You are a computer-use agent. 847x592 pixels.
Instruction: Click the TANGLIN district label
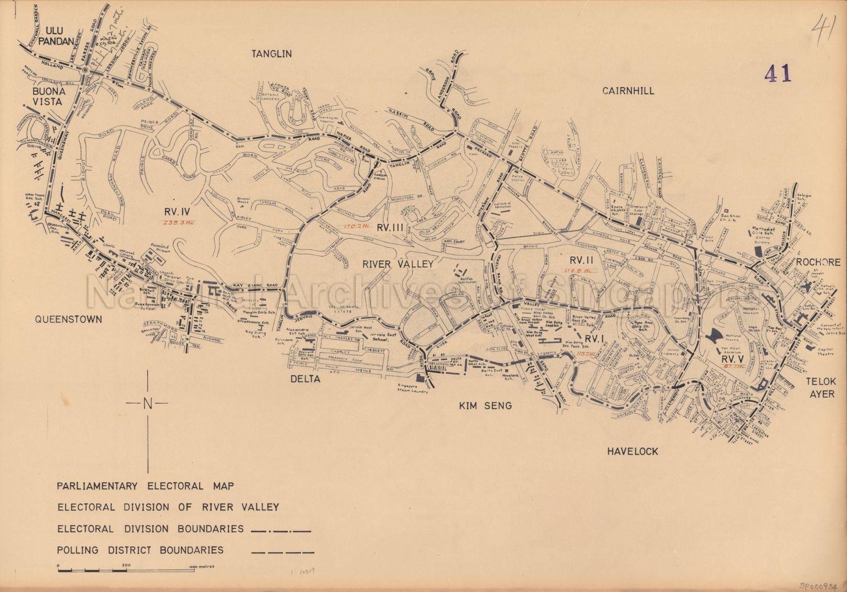pyautogui.click(x=271, y=54)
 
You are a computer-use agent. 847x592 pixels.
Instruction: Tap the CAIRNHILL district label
pyautogui.click(x=628, y=90)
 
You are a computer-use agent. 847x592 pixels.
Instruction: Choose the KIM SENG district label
pyautogui.click(x=485, y=406)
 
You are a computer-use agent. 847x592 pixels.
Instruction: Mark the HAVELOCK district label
pyautogui.click(x=632, y=451)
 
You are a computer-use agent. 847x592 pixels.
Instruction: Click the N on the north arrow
pyautogui.click(x=148, y=403)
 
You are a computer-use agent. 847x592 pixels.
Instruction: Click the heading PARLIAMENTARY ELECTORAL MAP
pyautogui.click(x=145, y=486)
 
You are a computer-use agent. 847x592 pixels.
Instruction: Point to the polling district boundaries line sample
pyautogui.click(x=282, y=551)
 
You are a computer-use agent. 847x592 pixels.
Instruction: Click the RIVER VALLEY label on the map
pyautogui.click(x=398, y=264)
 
